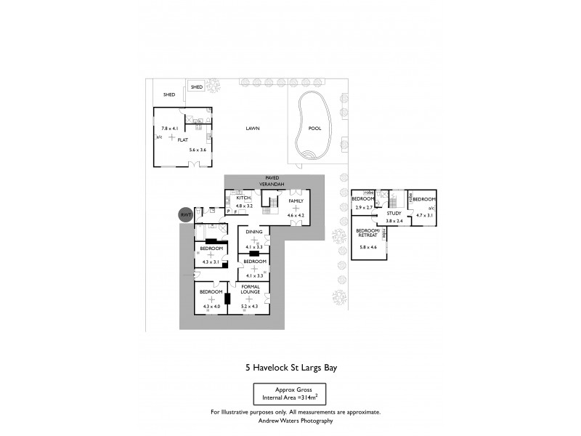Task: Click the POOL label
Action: click(314, 129)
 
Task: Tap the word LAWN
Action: click(252, 129)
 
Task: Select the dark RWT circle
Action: click(186, 214)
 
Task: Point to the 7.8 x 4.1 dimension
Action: click(169, 129)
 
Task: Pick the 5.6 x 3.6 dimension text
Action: click(198, 150)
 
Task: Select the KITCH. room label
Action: click(244, 198)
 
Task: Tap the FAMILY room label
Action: click(296, 201)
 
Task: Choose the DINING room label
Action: click(253, 232)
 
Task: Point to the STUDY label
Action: click(394, 213)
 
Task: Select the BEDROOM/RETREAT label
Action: click(368, 233)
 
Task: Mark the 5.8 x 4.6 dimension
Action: click(369, 247)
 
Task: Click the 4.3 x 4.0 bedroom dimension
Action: click(211, 307)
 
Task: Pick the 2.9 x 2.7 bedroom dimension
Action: click(362, 208)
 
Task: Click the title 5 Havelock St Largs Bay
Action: click(290, 368)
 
